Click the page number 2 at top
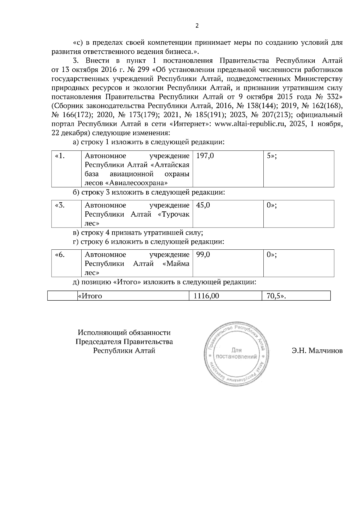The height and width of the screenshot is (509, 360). point(197,26)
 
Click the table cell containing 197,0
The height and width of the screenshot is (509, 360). point(228,169)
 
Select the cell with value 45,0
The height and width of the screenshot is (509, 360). point(228,214)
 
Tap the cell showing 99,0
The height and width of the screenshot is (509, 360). point(228,263)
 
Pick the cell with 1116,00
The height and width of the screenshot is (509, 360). point(225,296)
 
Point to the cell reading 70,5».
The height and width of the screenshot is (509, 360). point(296,296)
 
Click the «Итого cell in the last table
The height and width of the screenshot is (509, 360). point(133,296)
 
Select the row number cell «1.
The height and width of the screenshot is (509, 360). point(66,169)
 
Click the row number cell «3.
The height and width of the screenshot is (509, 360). point(66,214)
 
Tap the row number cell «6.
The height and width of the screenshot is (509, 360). point(66,263)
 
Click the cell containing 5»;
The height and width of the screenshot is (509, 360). point(298,169)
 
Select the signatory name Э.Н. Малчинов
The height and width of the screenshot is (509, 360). point(317,350)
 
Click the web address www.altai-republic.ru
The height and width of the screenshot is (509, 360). point(250,124)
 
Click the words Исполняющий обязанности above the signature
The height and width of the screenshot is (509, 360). point(124,332)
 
